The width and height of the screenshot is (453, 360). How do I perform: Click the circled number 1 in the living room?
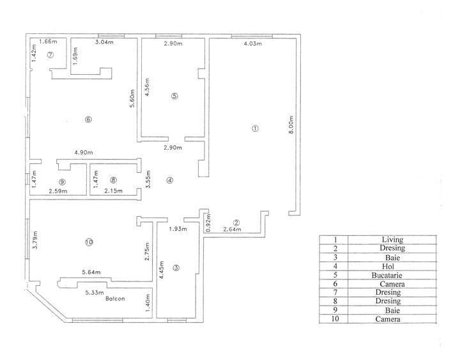(255, 129)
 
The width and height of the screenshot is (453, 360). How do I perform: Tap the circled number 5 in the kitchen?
(174, 96)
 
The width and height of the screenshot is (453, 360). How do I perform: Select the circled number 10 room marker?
(89, 242)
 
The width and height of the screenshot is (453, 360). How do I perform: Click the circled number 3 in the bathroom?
(176, 267)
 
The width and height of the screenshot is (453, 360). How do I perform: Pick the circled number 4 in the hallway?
(169, 180)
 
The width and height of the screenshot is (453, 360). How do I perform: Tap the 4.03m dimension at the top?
(252, 43)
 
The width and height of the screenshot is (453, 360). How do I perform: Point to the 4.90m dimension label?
(84, 153)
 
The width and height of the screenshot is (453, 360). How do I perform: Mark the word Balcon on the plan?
(116, 299)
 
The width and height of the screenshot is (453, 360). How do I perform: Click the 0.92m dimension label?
(208, 222)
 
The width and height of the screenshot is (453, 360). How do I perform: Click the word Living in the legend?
(388, 239)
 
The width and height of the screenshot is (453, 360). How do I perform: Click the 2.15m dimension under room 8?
(114, 191)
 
